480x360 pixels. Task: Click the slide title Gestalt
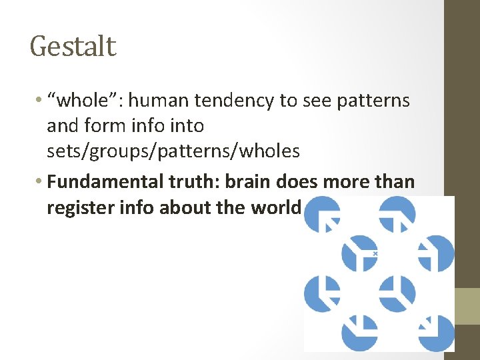coord(73,47)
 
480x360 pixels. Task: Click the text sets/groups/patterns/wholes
coord(173,151)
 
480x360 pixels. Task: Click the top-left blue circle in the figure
coord(322,214)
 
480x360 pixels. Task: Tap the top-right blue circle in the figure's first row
coord(397,214)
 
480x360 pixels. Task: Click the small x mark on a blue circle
coord(375,254)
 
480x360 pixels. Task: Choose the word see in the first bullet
coord(314,101)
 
